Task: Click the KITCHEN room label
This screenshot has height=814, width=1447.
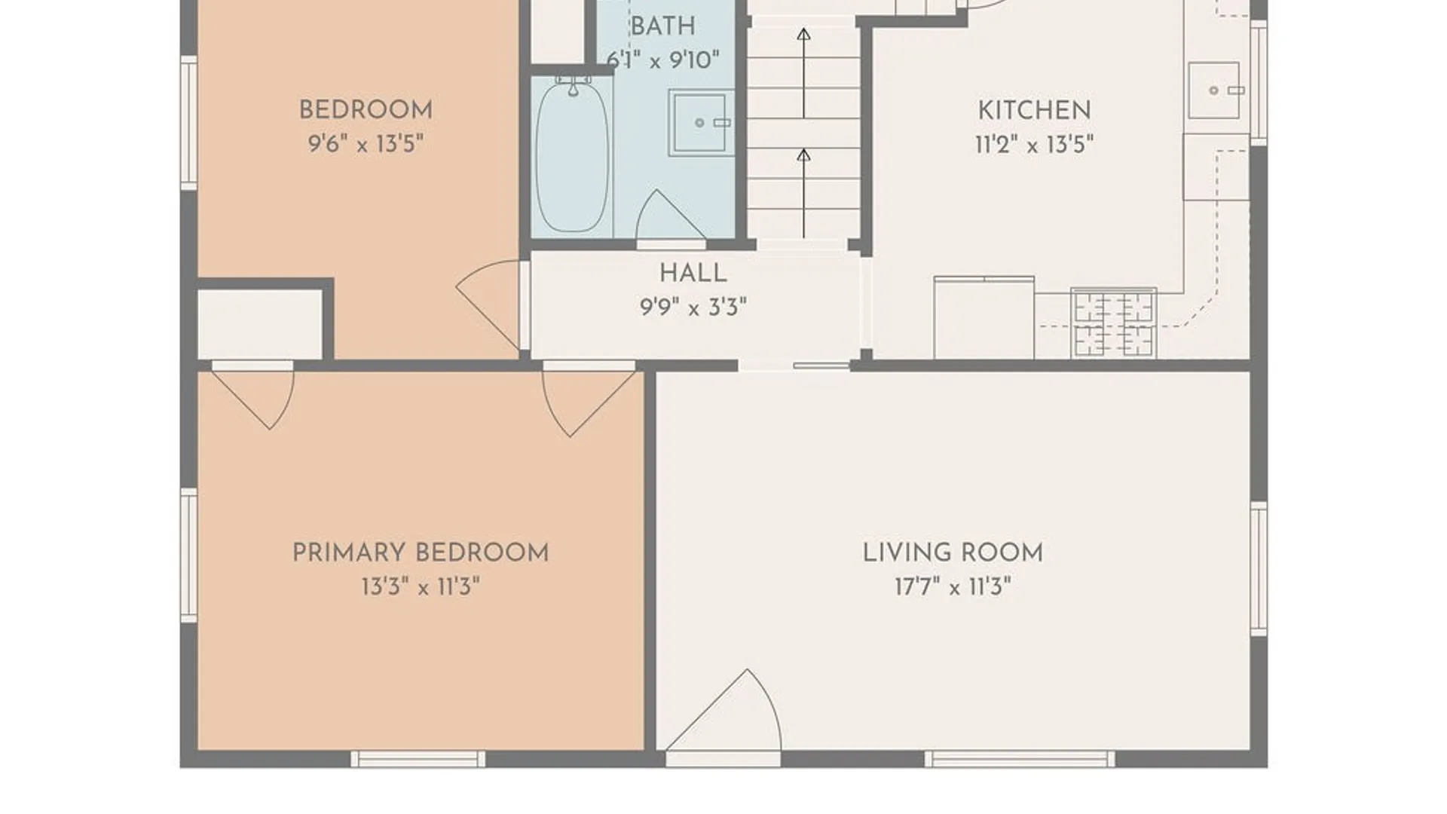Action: tap(1034, 110)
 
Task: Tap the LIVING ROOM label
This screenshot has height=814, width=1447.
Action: tap(953, 552)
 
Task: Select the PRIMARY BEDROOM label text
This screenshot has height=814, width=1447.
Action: tap(421, 552)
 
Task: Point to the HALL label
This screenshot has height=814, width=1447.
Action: tap(693, 273)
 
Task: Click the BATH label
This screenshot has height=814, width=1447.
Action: tap(662, 26)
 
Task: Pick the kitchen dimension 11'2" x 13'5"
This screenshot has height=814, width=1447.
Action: tap(1034, 144)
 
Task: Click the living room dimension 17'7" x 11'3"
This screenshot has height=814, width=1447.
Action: tap(953, 586)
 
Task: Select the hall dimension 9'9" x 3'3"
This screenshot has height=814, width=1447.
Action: tap(693, 307)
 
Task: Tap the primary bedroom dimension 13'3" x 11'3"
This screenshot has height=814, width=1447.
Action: tap(421, 586)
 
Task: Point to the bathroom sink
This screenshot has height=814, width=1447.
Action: tap(701, 122)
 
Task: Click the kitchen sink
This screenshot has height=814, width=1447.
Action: tap(1214, 90)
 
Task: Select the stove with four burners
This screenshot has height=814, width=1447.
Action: tap(1114, 323)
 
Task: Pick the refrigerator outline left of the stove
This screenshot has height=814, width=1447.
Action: tap(984, 317)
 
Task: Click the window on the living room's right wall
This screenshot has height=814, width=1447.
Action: tap(1259, 569)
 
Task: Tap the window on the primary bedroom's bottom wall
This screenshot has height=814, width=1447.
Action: tap(418, 758)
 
